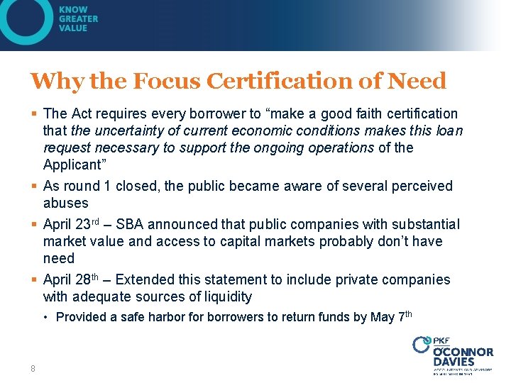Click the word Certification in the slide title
[x=282, y=81]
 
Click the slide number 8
[x=33, y=368]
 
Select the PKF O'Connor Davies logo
[x=453, y=353]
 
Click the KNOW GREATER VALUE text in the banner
[x=79, y=19]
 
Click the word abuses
[x=65, y=203]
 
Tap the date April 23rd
[x=73, y=224]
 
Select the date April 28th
[x=73, y=279]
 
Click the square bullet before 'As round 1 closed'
[x=35, y=186]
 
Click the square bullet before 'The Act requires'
[x=35, y=113]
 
